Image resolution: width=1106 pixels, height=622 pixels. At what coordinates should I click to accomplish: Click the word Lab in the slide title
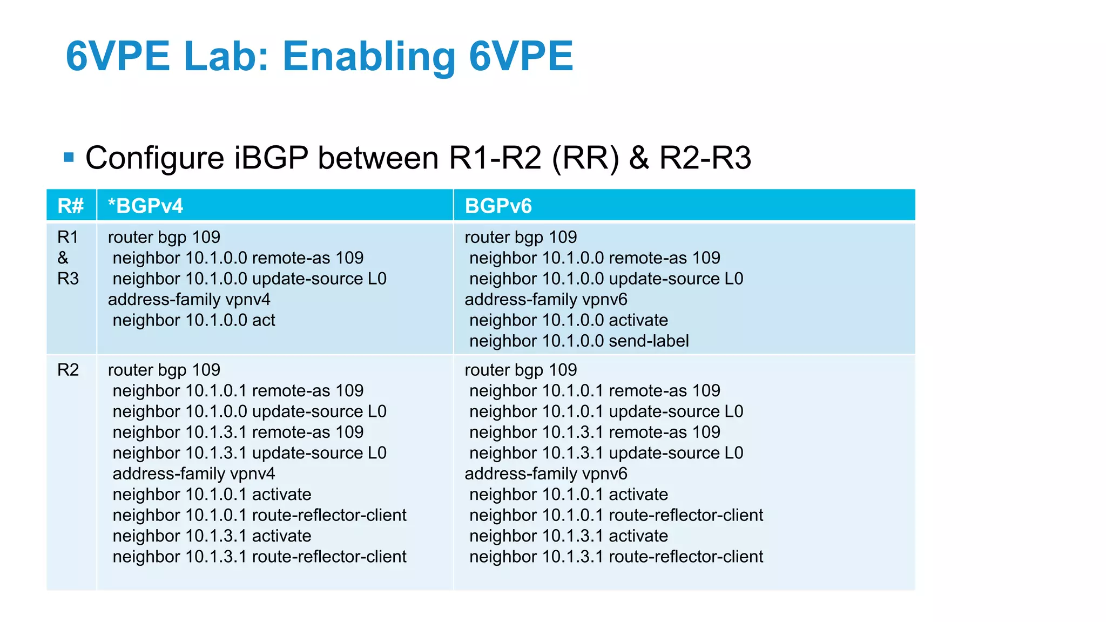tap(226, 56)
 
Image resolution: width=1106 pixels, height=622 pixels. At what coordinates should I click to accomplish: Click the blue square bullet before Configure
tap(69, 158)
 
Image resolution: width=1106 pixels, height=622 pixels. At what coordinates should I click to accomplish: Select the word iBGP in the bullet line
tap(271, 158)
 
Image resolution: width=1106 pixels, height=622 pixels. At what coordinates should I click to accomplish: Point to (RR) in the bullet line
tap(585, 158)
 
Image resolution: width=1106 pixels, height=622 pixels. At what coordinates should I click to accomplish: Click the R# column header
tap(71, 206)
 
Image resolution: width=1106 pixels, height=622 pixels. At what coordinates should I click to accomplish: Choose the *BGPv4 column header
tap(145, 206)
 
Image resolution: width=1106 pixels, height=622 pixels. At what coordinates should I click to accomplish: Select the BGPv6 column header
tap(498, 206)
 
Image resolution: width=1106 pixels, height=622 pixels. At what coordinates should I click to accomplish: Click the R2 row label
tap(68, 370)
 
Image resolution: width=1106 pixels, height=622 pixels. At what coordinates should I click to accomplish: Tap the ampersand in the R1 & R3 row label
tap(63, 258)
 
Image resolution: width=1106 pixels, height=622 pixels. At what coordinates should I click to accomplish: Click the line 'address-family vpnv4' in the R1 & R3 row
tap(189, 299)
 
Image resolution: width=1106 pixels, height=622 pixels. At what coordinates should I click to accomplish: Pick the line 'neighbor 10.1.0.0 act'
tap(194, 320)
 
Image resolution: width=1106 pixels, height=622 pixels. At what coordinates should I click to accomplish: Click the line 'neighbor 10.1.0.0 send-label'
tap(579, 341)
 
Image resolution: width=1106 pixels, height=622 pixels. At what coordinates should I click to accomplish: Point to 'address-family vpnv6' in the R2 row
tap(546, 474)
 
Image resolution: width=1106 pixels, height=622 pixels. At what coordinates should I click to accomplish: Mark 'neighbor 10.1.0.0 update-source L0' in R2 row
tap(249, 411)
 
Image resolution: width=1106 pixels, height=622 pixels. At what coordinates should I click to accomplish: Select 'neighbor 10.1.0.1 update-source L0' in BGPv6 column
tap(606, 411)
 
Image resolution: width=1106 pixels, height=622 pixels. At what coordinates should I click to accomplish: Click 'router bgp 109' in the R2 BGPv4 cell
tap(164, 370)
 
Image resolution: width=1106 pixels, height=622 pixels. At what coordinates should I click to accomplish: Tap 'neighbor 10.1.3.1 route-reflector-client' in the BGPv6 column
tap(616, 557)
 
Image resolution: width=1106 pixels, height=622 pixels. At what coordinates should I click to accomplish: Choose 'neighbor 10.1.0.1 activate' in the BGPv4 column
tap(212, 495)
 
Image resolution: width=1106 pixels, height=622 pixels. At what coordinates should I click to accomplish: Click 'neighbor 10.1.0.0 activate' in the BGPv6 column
tap(569, 320)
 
